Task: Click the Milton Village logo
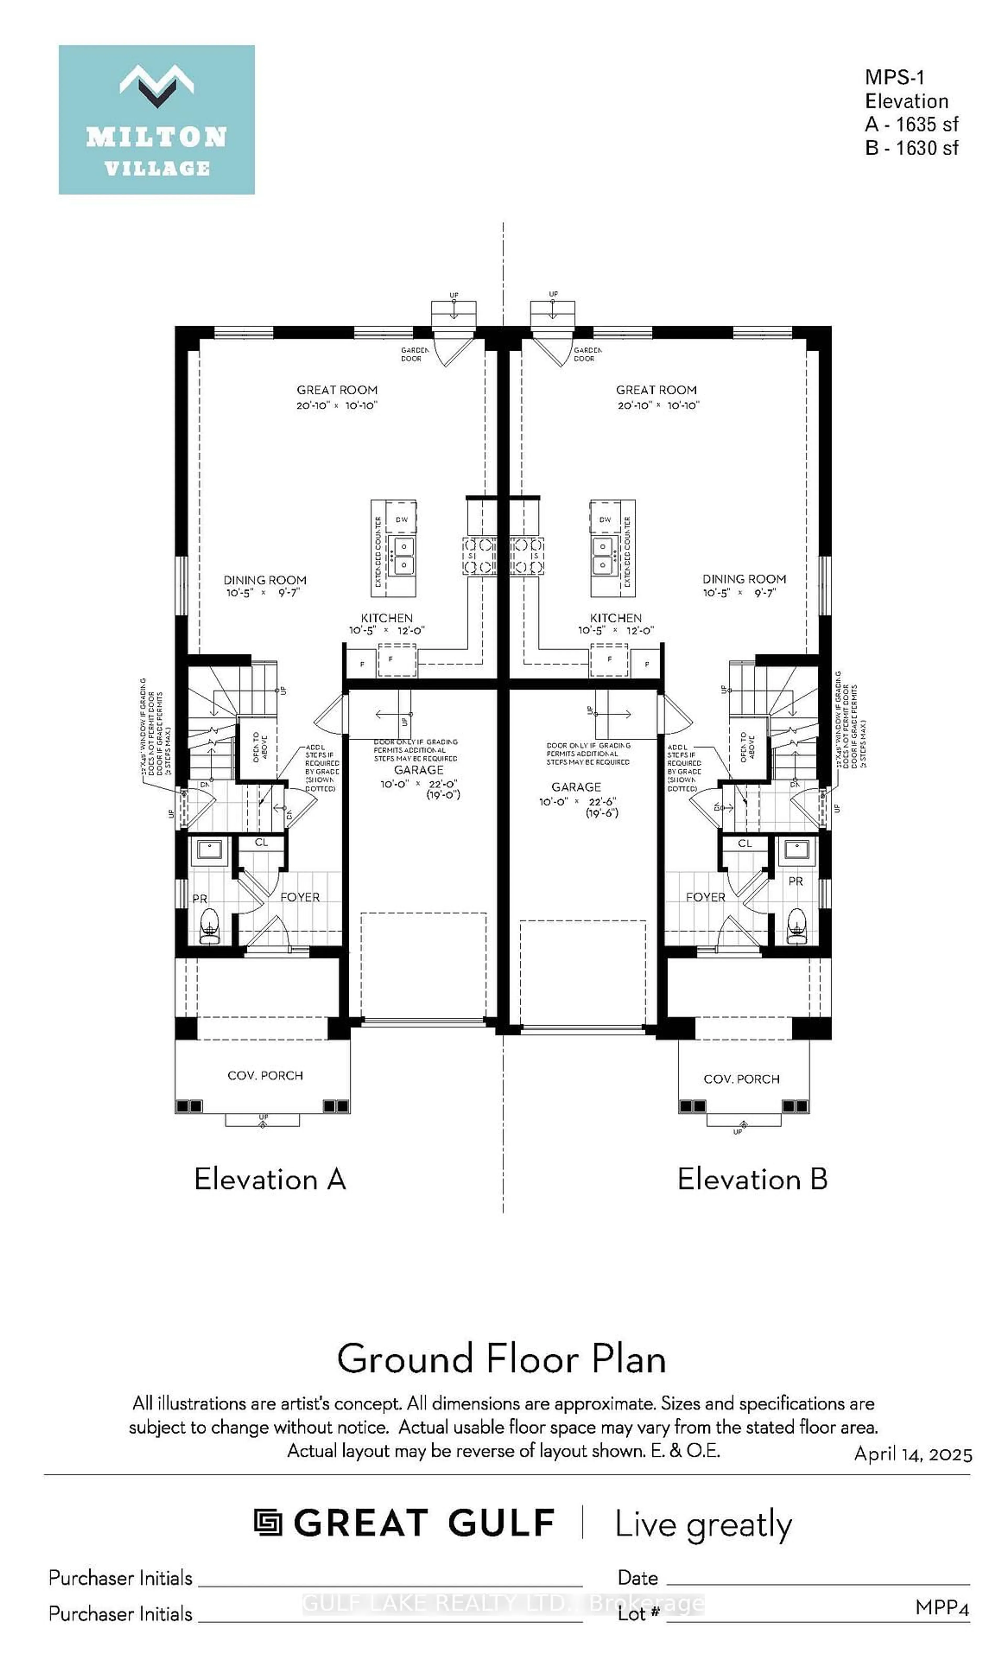tap(156, 120)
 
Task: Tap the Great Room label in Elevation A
tap(336, 390)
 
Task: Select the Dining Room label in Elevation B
tap(744, 579)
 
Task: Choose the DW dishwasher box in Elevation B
tap(604, 519)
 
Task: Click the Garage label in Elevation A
tap(418, 770)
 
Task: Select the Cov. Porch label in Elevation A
tap(265, 1075)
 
